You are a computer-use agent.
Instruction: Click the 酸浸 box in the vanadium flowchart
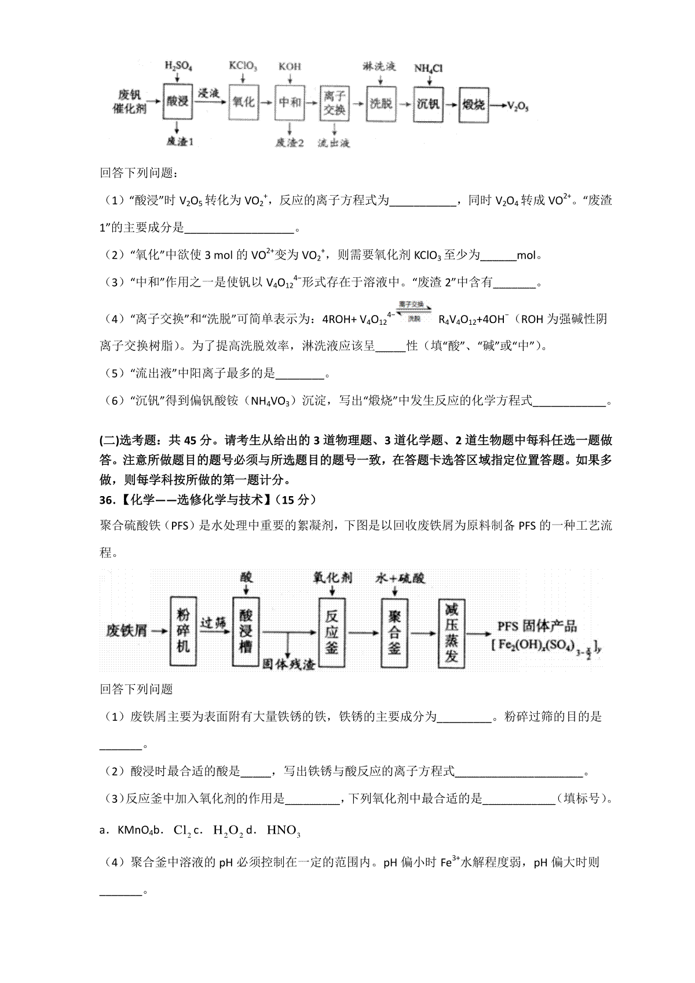[177, 102]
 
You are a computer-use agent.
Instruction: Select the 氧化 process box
[243, 102]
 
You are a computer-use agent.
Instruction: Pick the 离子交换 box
[334, 103]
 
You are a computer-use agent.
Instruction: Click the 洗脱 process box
[381, 104]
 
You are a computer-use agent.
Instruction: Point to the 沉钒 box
[428, 104]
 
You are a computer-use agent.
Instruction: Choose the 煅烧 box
[473, 105]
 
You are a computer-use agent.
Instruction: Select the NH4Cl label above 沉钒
[428, 68]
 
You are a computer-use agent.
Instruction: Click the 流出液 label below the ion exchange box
[334, 142]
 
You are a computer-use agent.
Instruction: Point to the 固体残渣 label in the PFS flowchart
[288, 663]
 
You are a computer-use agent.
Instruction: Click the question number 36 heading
[108, 499]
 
